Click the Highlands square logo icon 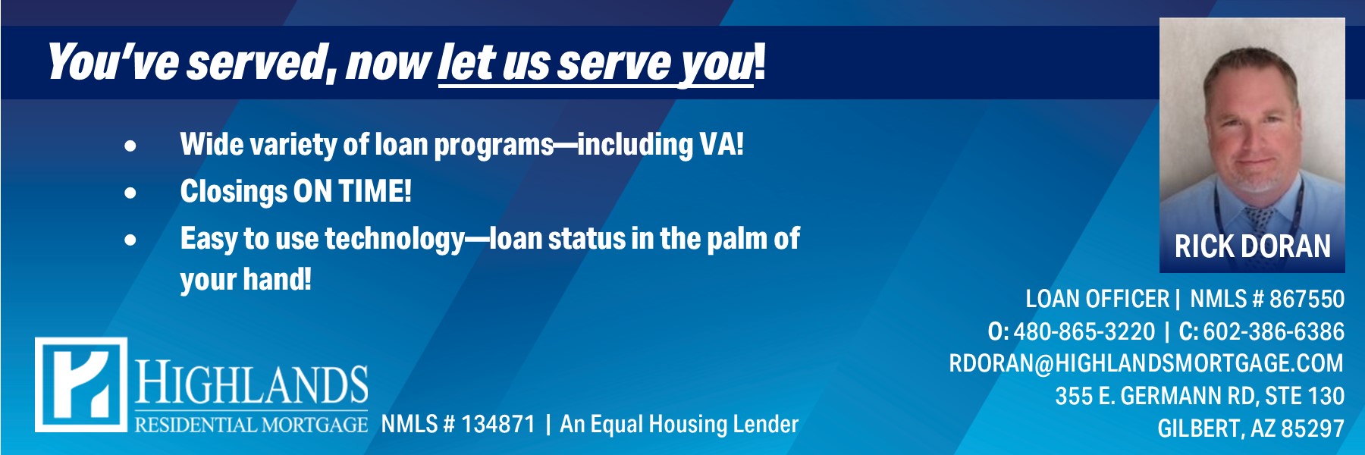coord(81,384)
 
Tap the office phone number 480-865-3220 coord(1084,331)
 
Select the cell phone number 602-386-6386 coord(1273,331)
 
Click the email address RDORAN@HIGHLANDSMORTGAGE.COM coord(1146,363)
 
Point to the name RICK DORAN coord(1252,246)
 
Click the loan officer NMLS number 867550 coord(1307,299)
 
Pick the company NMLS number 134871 coord(497,424)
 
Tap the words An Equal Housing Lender coord(679,424)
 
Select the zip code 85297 coord(1312,428)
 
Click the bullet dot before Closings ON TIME coord(131,193)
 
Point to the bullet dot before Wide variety coord(131,146)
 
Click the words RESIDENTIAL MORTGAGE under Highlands coord(251,424)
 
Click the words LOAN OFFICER coord(1097,299)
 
